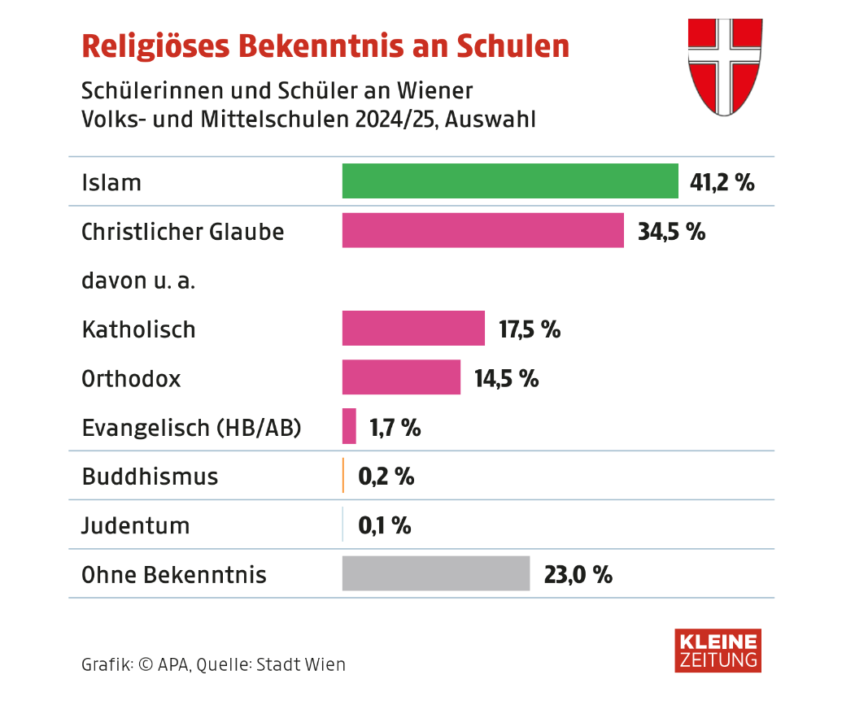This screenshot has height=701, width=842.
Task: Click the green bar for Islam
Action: coord(510,181)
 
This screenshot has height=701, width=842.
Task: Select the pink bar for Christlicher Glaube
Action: coord(482,230)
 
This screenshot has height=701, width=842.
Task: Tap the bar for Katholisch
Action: coord(413,329)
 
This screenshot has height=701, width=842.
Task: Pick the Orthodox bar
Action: coord(401,377)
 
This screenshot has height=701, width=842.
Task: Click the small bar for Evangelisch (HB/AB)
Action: coord(349,426)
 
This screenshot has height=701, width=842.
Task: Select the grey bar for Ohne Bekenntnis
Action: coord(436,573)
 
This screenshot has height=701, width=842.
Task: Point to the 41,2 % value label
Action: coord(722,182)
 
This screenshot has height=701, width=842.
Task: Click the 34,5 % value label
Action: coord(671,231)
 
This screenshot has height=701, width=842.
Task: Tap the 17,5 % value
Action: coord(530,329)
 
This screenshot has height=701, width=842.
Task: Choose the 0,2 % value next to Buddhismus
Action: coord(386,477)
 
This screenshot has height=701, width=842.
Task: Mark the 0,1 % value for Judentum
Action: coord(385,525)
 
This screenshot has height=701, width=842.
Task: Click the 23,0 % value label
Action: coord(578,575)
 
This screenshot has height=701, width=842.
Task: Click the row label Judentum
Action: coord(136,526)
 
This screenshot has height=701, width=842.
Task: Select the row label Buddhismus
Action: coord(151,477)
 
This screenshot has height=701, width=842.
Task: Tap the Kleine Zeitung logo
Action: coord(718,650)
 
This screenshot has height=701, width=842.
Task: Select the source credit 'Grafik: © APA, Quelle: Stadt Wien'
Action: coord(214,664)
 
